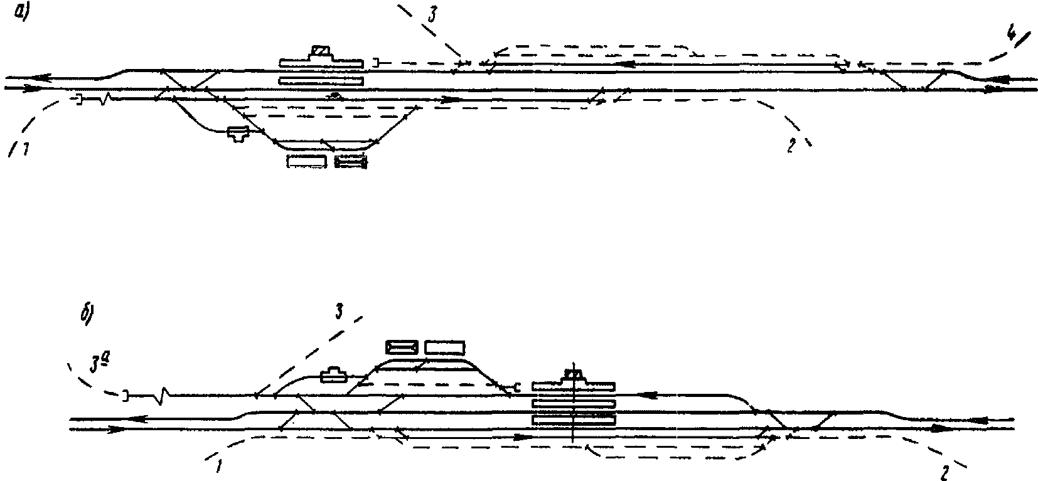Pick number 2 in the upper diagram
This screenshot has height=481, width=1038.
pos(791,146)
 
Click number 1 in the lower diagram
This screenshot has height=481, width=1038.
pos(218,467)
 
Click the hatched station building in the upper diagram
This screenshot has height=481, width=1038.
pos(321,52)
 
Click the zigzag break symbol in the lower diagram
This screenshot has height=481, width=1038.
pos(164,396)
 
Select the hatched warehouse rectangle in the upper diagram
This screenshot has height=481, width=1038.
pos(351,162)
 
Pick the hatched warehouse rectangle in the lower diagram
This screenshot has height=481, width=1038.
pos(402,347)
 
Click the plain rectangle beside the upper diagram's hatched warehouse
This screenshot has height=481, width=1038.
pos(307,162)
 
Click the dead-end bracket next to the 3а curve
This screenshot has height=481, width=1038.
pos(126,396)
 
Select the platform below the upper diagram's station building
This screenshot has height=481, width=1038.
pos(321,80)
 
